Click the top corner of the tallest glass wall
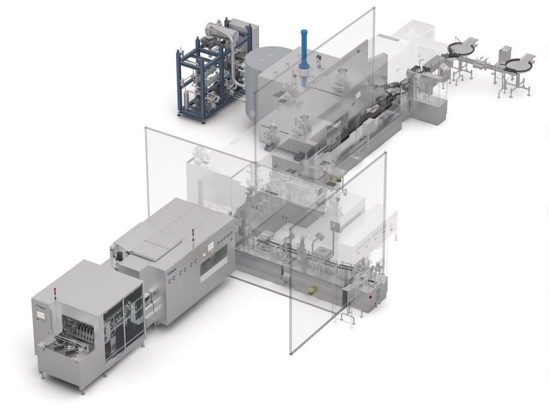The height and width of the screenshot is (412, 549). (373, 9)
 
